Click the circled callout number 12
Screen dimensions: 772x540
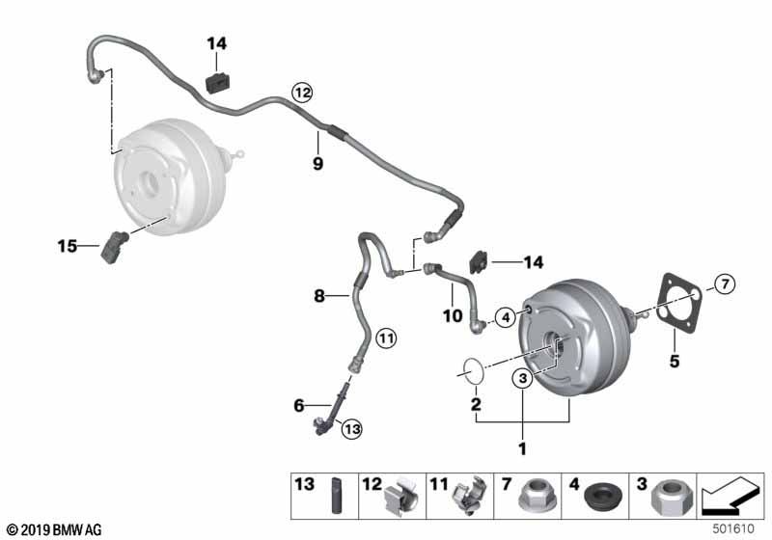(x=302, y=93)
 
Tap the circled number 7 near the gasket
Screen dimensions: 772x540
(x=725, y=283)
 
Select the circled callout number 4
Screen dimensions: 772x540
(x=506, y=317)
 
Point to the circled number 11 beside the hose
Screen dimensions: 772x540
(x=386, y=338)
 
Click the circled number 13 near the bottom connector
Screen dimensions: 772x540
(x=352, y=429)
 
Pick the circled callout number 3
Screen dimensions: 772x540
(x=523, y=378)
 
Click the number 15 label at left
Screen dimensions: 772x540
(x=68, y=245)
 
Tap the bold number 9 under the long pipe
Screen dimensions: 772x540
(x=318, y=163)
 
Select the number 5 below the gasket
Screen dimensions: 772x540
(x=675, y=362)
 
